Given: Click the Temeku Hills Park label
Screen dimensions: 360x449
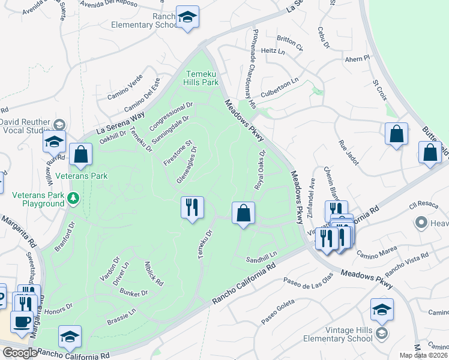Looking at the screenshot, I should tap(202, 77).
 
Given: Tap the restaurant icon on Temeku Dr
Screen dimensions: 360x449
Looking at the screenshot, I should tap(192, 208).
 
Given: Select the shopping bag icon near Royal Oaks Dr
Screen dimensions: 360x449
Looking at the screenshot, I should tap(243, 213).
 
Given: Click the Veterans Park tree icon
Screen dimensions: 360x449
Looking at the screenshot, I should tap(73, 197).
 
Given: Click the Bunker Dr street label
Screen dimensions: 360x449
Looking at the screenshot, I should tap(133, 293).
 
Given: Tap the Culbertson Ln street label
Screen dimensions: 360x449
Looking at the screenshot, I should tap(279, 88).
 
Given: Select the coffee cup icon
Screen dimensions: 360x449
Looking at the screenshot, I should tap(22, 320).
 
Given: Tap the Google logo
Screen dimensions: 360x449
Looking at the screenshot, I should tap(19, 353).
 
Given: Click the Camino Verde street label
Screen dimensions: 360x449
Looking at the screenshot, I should tap(125, 88).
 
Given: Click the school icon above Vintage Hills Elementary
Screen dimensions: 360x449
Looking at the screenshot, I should tap(382, 309).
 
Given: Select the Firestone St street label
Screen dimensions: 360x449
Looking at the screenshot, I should tap(178, 153).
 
